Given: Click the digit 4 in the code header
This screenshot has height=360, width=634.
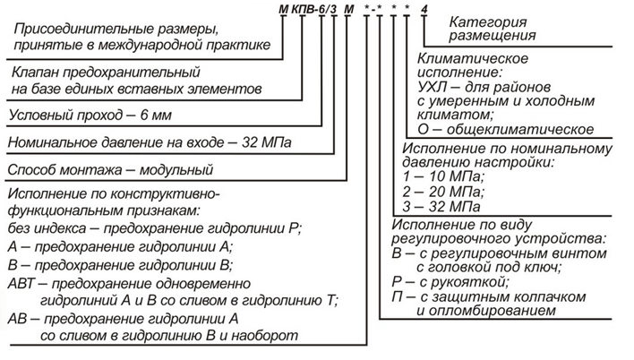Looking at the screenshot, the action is click(x=424, y=9).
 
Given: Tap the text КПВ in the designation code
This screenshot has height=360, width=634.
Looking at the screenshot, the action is click(x=303, y=9).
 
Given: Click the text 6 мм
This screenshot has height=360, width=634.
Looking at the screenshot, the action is click(x=156, y=116).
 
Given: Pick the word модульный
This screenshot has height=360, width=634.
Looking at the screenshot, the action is click(x=176, y=169).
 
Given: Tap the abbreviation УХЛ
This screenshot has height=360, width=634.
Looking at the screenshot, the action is click(x=432, y=87).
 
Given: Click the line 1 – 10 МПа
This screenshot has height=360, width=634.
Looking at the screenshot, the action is click(x=443, y=176).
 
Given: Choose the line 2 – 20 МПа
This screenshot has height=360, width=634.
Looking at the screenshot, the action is click(x=443, y=192).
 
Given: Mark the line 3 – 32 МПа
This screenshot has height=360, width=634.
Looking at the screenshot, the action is click(x=441, y=207).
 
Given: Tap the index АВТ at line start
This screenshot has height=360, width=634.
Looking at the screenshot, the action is click(x=21, y=284).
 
